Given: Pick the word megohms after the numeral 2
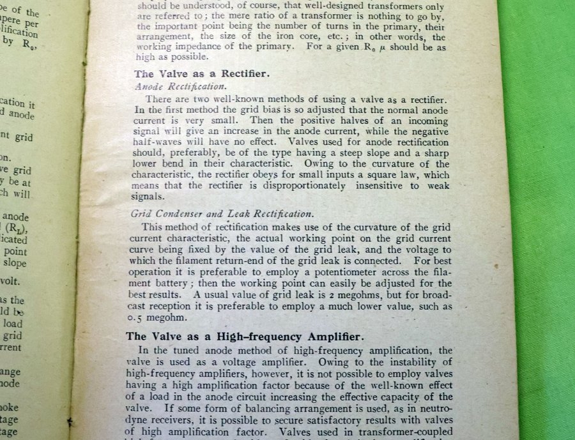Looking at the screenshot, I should click(346, 295).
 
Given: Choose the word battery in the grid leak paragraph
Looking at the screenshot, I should click(160, 284).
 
